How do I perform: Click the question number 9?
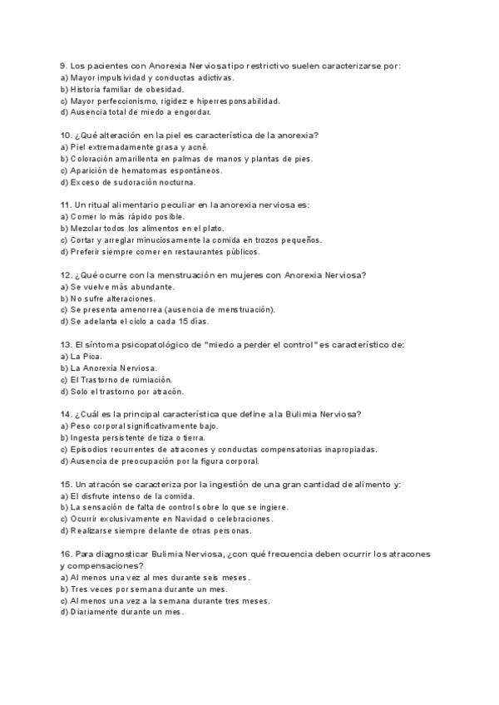[63, 65]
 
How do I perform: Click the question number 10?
[66, 136]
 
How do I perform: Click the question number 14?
[66, 414]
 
